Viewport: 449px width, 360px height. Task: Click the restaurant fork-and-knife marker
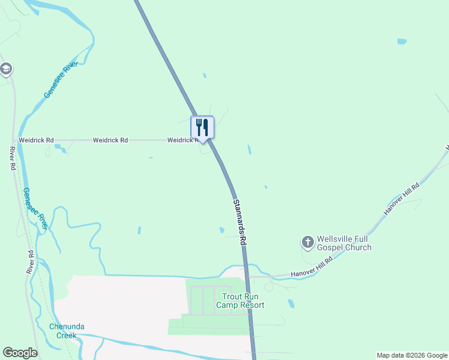tap(202, 127)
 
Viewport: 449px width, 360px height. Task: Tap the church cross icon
tap(307, 242)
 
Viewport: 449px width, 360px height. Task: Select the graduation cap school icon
tap(6, 69)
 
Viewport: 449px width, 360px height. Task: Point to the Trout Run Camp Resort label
tap(243, 301)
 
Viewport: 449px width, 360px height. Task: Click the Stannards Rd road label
tap(240, 221)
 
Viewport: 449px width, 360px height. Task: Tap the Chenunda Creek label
tap(67, 331)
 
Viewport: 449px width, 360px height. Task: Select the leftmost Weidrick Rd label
tap(36, 140)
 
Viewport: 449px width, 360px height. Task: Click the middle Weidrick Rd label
tap(110, 140)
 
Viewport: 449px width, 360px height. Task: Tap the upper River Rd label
tap(13, 158)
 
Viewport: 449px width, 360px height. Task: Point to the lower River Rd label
tap(31, 263)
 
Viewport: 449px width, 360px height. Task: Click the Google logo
tap(20, 353)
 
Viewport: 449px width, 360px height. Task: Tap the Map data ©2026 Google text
tap(412, 355)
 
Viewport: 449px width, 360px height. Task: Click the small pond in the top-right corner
tap(402, 42)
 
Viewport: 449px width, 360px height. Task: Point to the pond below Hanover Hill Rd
tap(291, 304)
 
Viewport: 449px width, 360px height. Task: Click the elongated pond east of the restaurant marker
tap(249, 149)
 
